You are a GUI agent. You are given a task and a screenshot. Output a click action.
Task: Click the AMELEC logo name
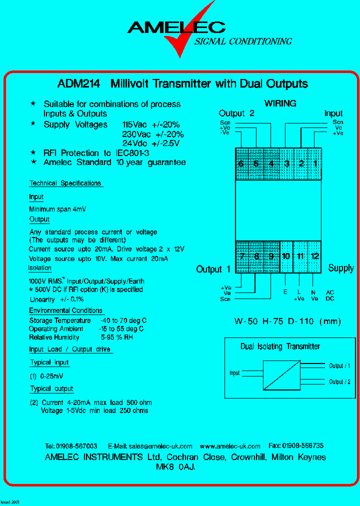pos(176,27)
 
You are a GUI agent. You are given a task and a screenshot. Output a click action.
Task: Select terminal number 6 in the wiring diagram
pos(241,164)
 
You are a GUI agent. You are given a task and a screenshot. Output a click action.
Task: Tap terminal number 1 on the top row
pos(315,164)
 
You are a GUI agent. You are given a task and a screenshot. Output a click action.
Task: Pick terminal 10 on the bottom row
pos(285,256)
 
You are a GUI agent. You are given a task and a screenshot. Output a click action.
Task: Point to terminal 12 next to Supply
pos(314,256)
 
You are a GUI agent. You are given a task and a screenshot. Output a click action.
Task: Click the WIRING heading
pos(280,103)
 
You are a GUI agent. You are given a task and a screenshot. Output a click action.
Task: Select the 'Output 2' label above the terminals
pos(236,113)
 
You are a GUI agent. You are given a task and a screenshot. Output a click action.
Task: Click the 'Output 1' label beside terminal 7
pos(213,269)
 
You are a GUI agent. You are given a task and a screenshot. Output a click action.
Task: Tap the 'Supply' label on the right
pos(341,268)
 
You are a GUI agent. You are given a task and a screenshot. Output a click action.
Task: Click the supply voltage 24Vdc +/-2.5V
pos(150,143)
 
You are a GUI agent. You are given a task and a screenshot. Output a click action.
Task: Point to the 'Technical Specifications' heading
pos(65,183)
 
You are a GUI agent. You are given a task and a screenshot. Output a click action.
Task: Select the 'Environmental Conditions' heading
pos(65,311)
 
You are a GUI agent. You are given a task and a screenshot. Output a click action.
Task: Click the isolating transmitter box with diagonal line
pos(282,373)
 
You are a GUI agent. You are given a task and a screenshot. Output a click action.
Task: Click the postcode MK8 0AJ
pos(175,467)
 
